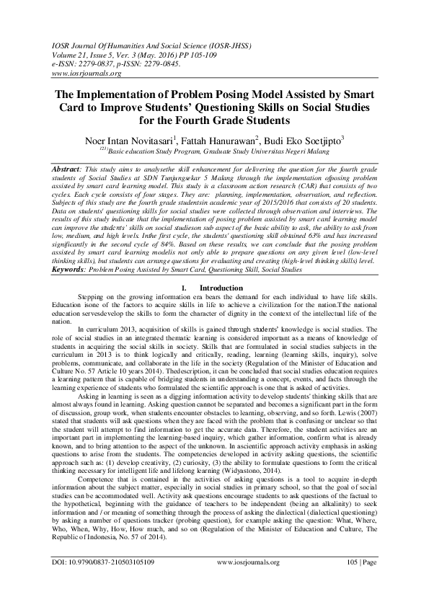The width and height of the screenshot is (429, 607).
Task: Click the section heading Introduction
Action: coord(221,328)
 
